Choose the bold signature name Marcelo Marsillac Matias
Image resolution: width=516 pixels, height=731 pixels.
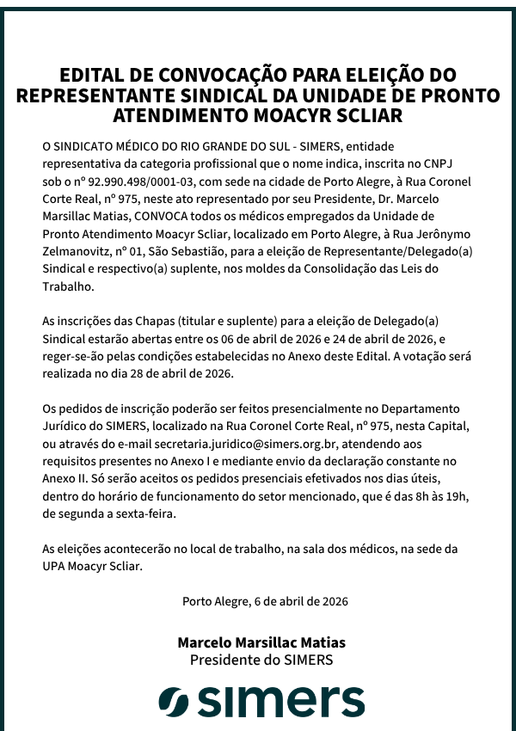tap(261, 642)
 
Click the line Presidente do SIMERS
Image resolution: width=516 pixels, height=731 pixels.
tap(261, 660)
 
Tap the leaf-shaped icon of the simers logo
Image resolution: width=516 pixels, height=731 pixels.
tap(173, 701)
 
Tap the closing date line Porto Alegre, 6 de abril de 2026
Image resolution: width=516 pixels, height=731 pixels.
tap(265, 601)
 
